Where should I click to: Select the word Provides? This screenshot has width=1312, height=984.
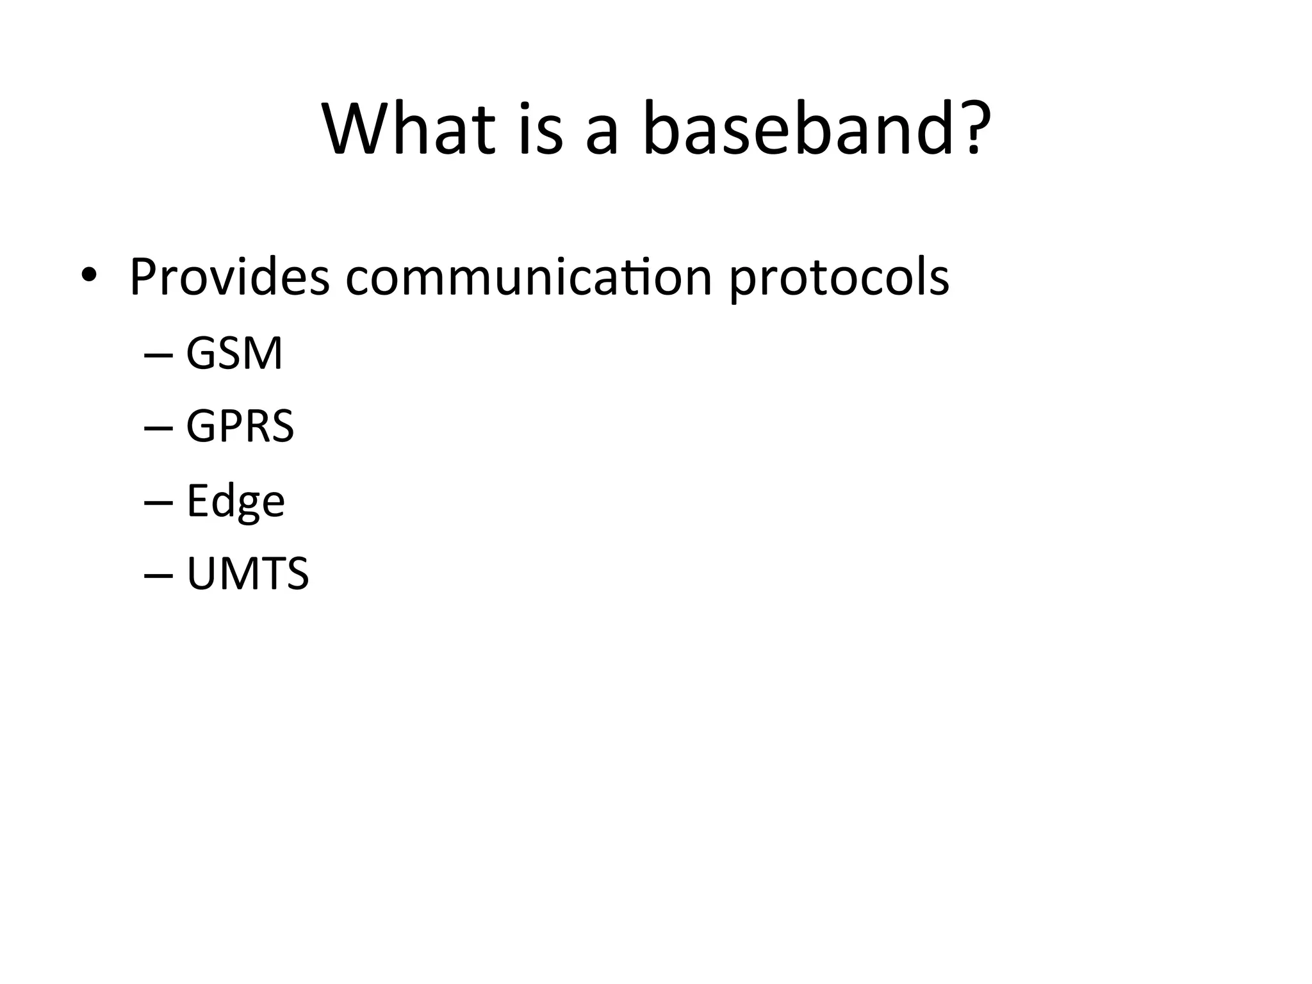(229, 277)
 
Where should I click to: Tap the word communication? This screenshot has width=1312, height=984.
(529, 277)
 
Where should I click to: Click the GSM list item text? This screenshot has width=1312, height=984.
(234, 354)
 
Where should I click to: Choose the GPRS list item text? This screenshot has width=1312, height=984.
(240, 426)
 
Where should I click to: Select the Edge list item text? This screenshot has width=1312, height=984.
(235, 501)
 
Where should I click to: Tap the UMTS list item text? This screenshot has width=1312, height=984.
(248, 573)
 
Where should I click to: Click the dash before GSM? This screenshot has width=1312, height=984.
(158, 356)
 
